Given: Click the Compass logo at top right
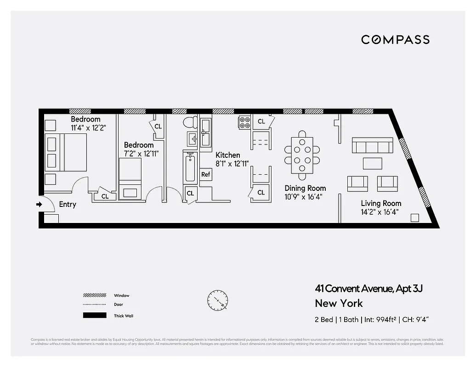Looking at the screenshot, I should click(x=395, y=39).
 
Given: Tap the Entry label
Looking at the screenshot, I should click(x=68, y=205).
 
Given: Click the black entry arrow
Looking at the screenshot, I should click(x=39, y=205).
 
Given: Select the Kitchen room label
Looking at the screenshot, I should click(x=228, y=155).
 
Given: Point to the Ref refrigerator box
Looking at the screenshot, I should click(x=206, y=175).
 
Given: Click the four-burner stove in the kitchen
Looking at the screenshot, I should click(x=244, y=122).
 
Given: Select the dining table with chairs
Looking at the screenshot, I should click(x=302, y=155).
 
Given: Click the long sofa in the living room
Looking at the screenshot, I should click(x=372, y=145).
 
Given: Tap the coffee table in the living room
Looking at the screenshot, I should click(x=372, y=163).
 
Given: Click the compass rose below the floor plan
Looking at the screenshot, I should click(x=217, y=300).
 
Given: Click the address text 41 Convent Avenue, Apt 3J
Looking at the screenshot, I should click(x=368, y=289).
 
